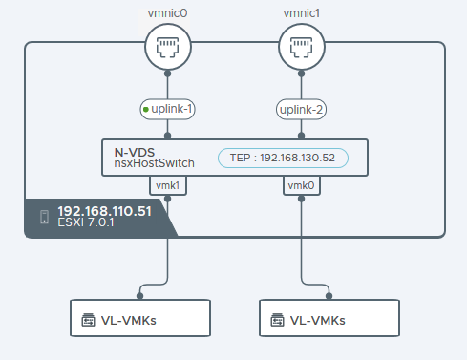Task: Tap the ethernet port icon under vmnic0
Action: click(x=167, y=44)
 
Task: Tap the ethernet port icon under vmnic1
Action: click(x=302, y=44)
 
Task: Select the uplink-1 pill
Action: click(x=168, y=110)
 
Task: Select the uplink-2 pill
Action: click(x=302, y=110)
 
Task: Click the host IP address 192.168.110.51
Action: click(x=104, y=211)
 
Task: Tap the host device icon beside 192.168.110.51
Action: click(x=44, y=218)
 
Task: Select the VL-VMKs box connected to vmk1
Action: click(x=140, y=318)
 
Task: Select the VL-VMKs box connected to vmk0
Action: click(x=329, y=318)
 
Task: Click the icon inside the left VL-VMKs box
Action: click(x=89, y=319)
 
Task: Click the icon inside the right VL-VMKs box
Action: click(x=277, y=319)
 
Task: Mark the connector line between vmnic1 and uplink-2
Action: click(x=302, y=84)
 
